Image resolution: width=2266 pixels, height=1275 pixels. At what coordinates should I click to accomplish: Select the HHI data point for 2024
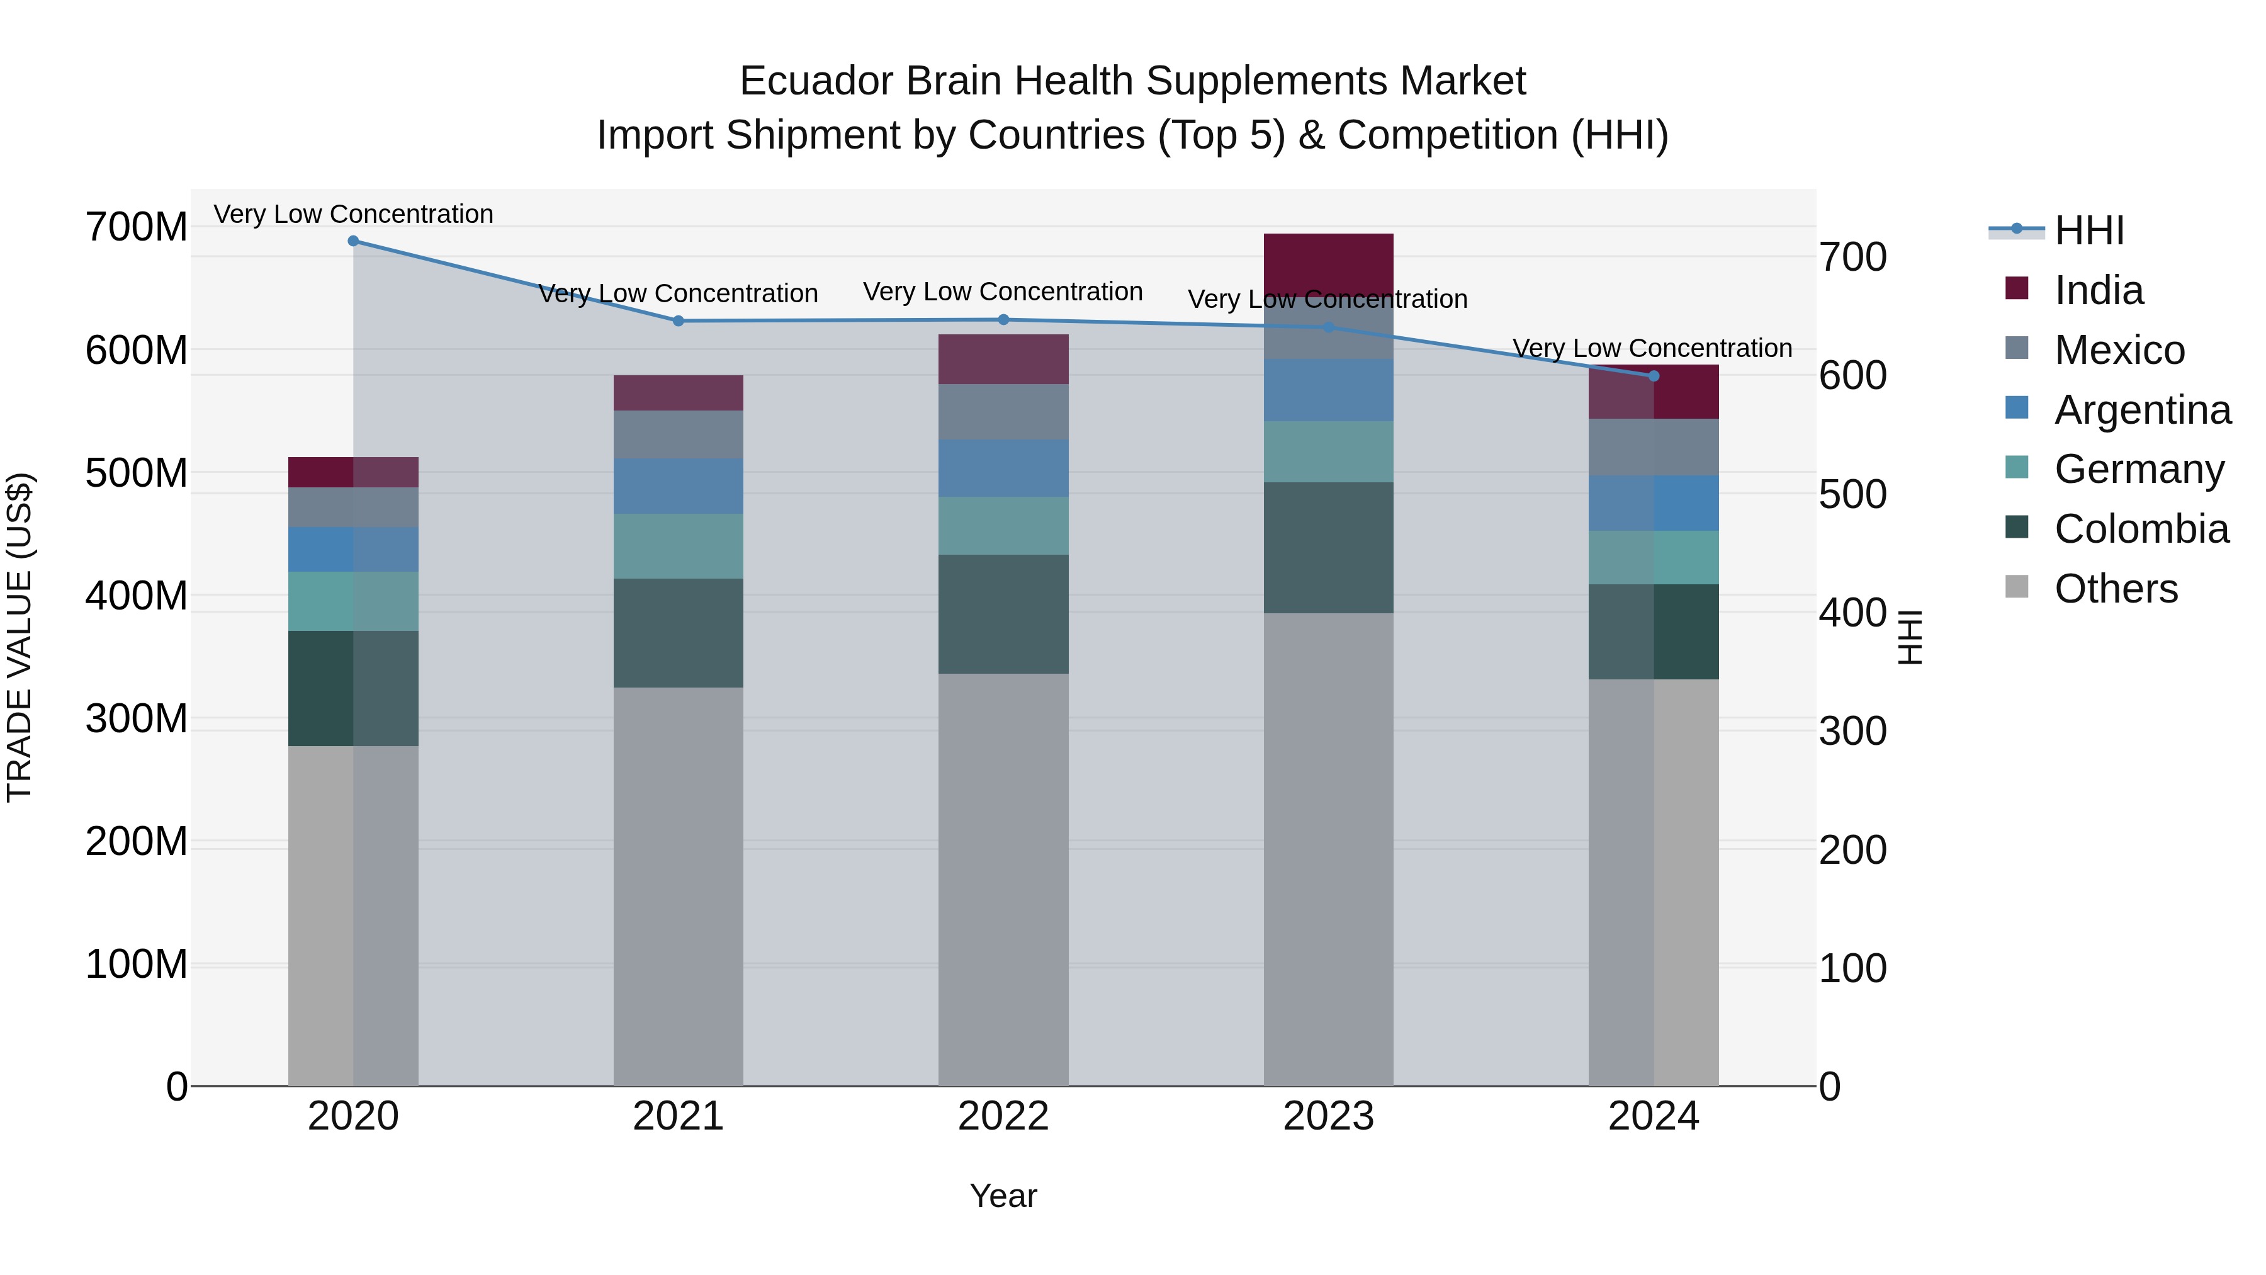pyautogui.click(x=1653, y=376)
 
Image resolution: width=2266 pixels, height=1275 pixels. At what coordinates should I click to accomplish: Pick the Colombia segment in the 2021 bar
pyautogui.click(x=678, y=633)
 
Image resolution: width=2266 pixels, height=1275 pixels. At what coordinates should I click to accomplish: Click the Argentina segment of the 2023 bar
pyautogui.click(x=1328, y=390)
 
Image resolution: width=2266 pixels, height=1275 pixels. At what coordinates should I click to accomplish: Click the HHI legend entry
pyautogui.click(x=2089, y=230)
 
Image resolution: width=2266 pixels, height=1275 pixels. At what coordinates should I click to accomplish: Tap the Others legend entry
pyautogui.click(x=2116, y=589)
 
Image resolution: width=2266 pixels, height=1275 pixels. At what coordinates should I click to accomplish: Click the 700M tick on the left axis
pyautogui.click(x=137, y=228)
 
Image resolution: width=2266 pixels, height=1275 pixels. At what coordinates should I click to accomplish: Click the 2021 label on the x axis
pyautogui.click(x=678, y=1116)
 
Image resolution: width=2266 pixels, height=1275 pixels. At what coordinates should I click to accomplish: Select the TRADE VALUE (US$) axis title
pyautogui.click(x=20, y=637)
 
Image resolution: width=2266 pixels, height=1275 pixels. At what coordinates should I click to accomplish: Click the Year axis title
pyautogui.click(x=1003, y=1196)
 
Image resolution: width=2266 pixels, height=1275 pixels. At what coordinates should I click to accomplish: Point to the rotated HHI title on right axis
pyautogui.click(x=1910, y=637)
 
